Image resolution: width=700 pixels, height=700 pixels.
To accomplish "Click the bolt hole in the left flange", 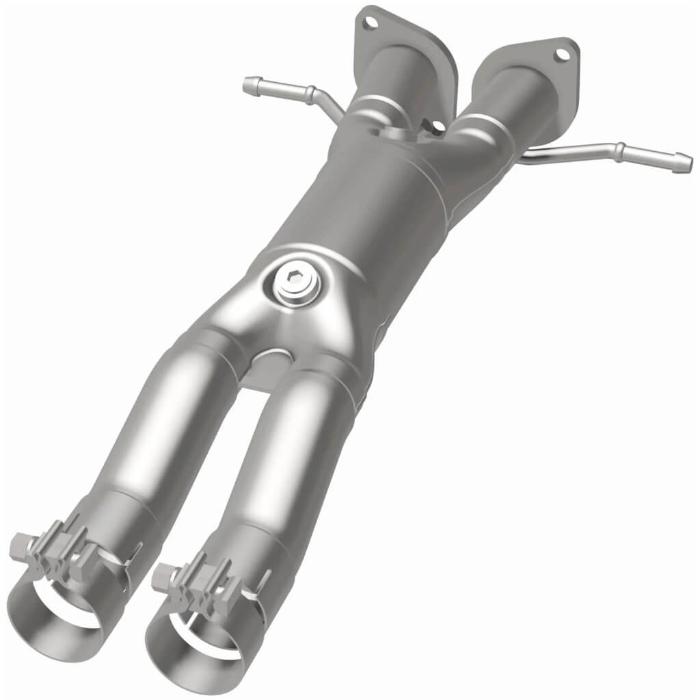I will click(x=371, y=23).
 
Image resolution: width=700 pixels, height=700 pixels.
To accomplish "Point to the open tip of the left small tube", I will click(x=247, y=84).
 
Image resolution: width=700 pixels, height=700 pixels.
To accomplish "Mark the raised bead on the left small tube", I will click(x=310, y=93).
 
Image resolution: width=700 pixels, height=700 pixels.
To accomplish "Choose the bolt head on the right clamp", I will click(x=161, y=574).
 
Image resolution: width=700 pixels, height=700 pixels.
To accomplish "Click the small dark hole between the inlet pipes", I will click(x=435, y=126).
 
